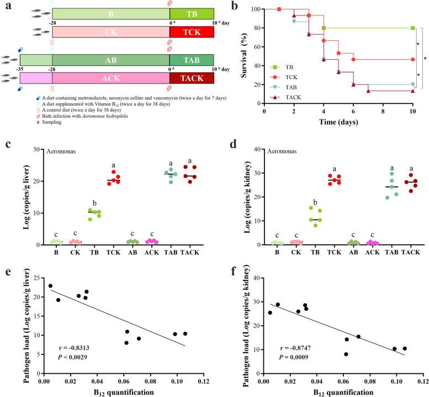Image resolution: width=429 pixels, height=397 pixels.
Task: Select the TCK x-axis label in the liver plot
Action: (x=114, y=254)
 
